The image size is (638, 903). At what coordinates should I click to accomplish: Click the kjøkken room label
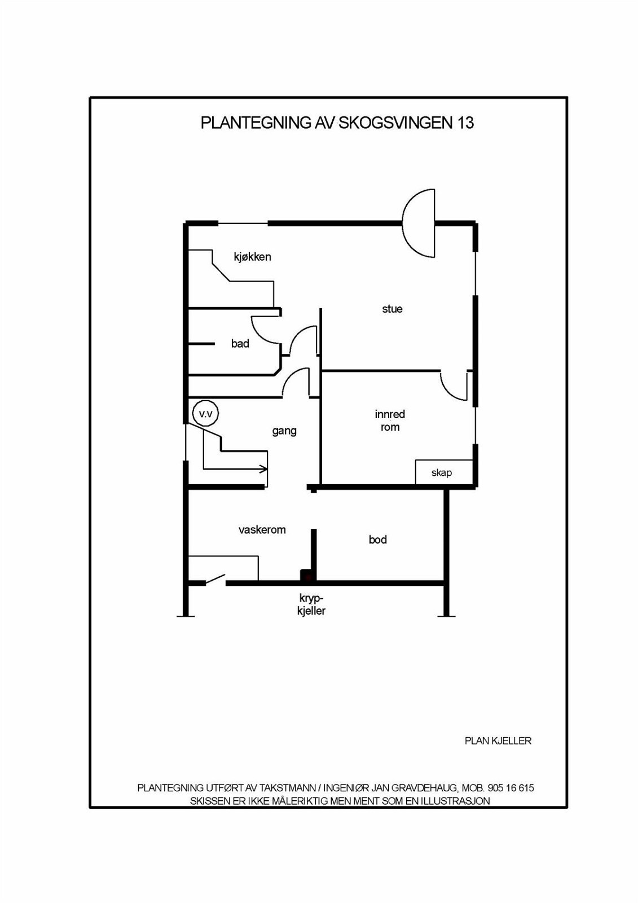(252, 257)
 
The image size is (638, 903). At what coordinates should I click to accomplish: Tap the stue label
(392, 309)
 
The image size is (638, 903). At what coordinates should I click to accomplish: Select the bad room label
(240, 344)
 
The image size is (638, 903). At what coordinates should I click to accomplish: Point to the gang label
(284, 431)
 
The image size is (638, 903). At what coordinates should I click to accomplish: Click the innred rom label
(390, 421)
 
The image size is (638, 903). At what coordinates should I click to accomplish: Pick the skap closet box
(444, 472)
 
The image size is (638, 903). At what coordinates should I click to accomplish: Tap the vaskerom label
(262, 530)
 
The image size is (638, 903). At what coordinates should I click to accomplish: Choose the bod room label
(377, 540)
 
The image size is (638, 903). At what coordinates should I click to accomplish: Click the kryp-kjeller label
(311, 604)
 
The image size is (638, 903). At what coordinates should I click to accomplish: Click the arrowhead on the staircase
(264, 469)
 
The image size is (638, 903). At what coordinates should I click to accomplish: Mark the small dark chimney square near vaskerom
(307, 576)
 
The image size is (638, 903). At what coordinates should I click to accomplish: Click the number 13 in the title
(465, 122)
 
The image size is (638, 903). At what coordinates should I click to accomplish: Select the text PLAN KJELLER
(498, 740)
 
